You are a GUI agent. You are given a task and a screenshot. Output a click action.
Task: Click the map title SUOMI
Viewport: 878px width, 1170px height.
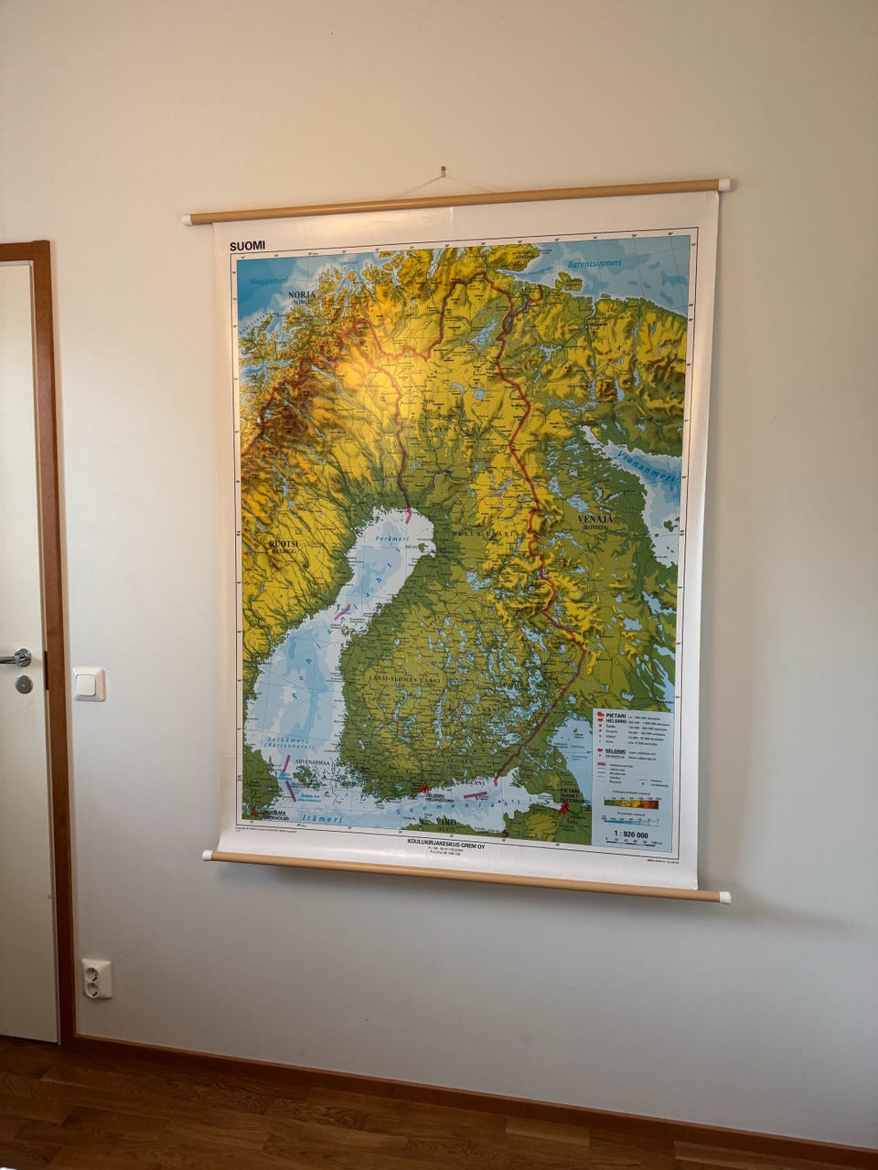click(247, 246)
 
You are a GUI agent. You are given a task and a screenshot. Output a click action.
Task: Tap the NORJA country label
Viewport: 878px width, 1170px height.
click(301, 295)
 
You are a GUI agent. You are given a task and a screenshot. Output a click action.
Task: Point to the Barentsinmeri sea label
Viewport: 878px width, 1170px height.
click(594, 264)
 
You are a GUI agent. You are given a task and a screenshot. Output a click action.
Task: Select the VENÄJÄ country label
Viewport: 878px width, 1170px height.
click(594, 519)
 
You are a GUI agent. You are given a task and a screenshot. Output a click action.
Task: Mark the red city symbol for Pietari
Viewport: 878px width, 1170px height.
click(563, 807)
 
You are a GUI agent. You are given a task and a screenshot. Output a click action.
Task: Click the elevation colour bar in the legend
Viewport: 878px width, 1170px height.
click(630, 805)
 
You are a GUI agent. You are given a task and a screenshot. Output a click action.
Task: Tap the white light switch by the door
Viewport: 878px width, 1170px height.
click(90, 684)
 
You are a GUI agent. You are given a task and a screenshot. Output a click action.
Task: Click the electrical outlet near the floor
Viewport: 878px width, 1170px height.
click(97, 978)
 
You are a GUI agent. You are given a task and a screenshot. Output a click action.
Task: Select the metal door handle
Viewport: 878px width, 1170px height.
click(16, 657)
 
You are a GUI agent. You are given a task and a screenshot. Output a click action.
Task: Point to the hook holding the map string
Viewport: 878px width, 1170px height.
click(442, 171)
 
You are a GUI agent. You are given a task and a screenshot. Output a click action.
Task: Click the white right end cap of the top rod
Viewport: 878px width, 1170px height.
click(723, 185)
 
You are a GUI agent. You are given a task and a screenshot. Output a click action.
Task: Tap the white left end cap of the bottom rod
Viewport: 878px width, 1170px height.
click(208, 856)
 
